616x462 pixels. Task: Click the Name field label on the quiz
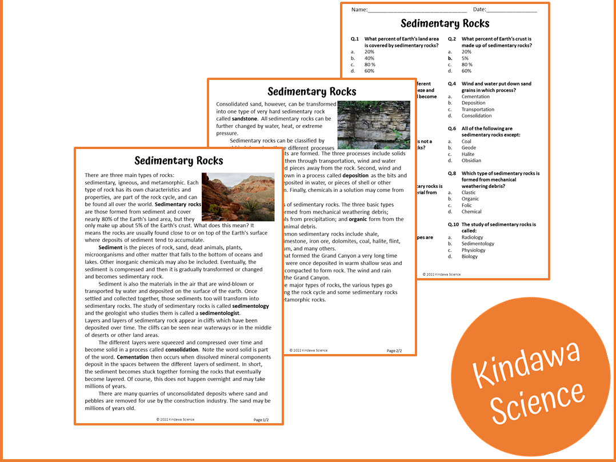coord(359,10)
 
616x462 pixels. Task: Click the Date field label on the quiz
coord(479,10)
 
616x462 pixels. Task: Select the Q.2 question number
coord(452,39)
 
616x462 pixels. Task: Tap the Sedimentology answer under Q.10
coord(478,244)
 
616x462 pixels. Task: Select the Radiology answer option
coord(472,238)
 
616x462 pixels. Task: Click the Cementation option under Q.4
coord(475,97)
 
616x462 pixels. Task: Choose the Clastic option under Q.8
coord(469,192)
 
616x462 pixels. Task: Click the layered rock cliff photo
coord(374,125)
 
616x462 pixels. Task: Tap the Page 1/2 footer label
coord(261,420)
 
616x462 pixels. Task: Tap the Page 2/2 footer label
coord(394,351)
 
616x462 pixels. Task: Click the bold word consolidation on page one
coord(182,349)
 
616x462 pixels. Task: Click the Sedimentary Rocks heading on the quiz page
coord(445,23)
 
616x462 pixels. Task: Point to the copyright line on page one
coord(175,420)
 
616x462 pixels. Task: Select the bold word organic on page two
coord(358,219)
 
